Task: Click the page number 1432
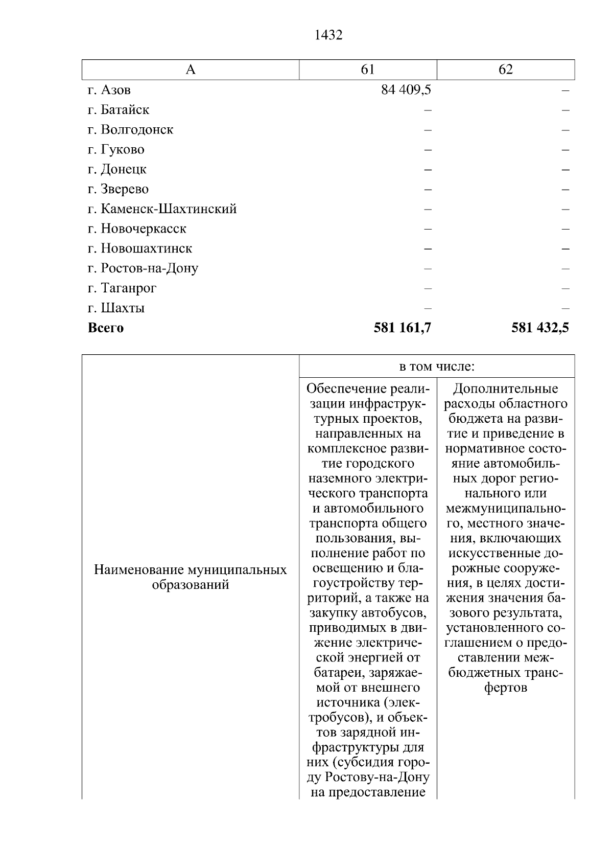click(328, 35)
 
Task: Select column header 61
click(368, 70)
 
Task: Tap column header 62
click(505, 70)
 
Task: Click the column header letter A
click(191, 70)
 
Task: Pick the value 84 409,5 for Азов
click(406, 90)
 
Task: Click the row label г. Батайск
click(119, 110)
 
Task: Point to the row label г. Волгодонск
click(130, 130)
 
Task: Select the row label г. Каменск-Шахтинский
click(162, 209)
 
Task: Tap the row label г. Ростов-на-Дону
click(143, 268)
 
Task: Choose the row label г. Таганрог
click(122, 288)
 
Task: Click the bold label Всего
click(106, 328)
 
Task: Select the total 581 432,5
click(540, 328)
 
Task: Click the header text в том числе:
click(437, 367)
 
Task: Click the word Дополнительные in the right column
click(506, 389)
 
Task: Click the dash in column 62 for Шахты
click(565, 308)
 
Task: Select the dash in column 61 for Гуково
click(428, 150)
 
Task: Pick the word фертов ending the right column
click(506, 688)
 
